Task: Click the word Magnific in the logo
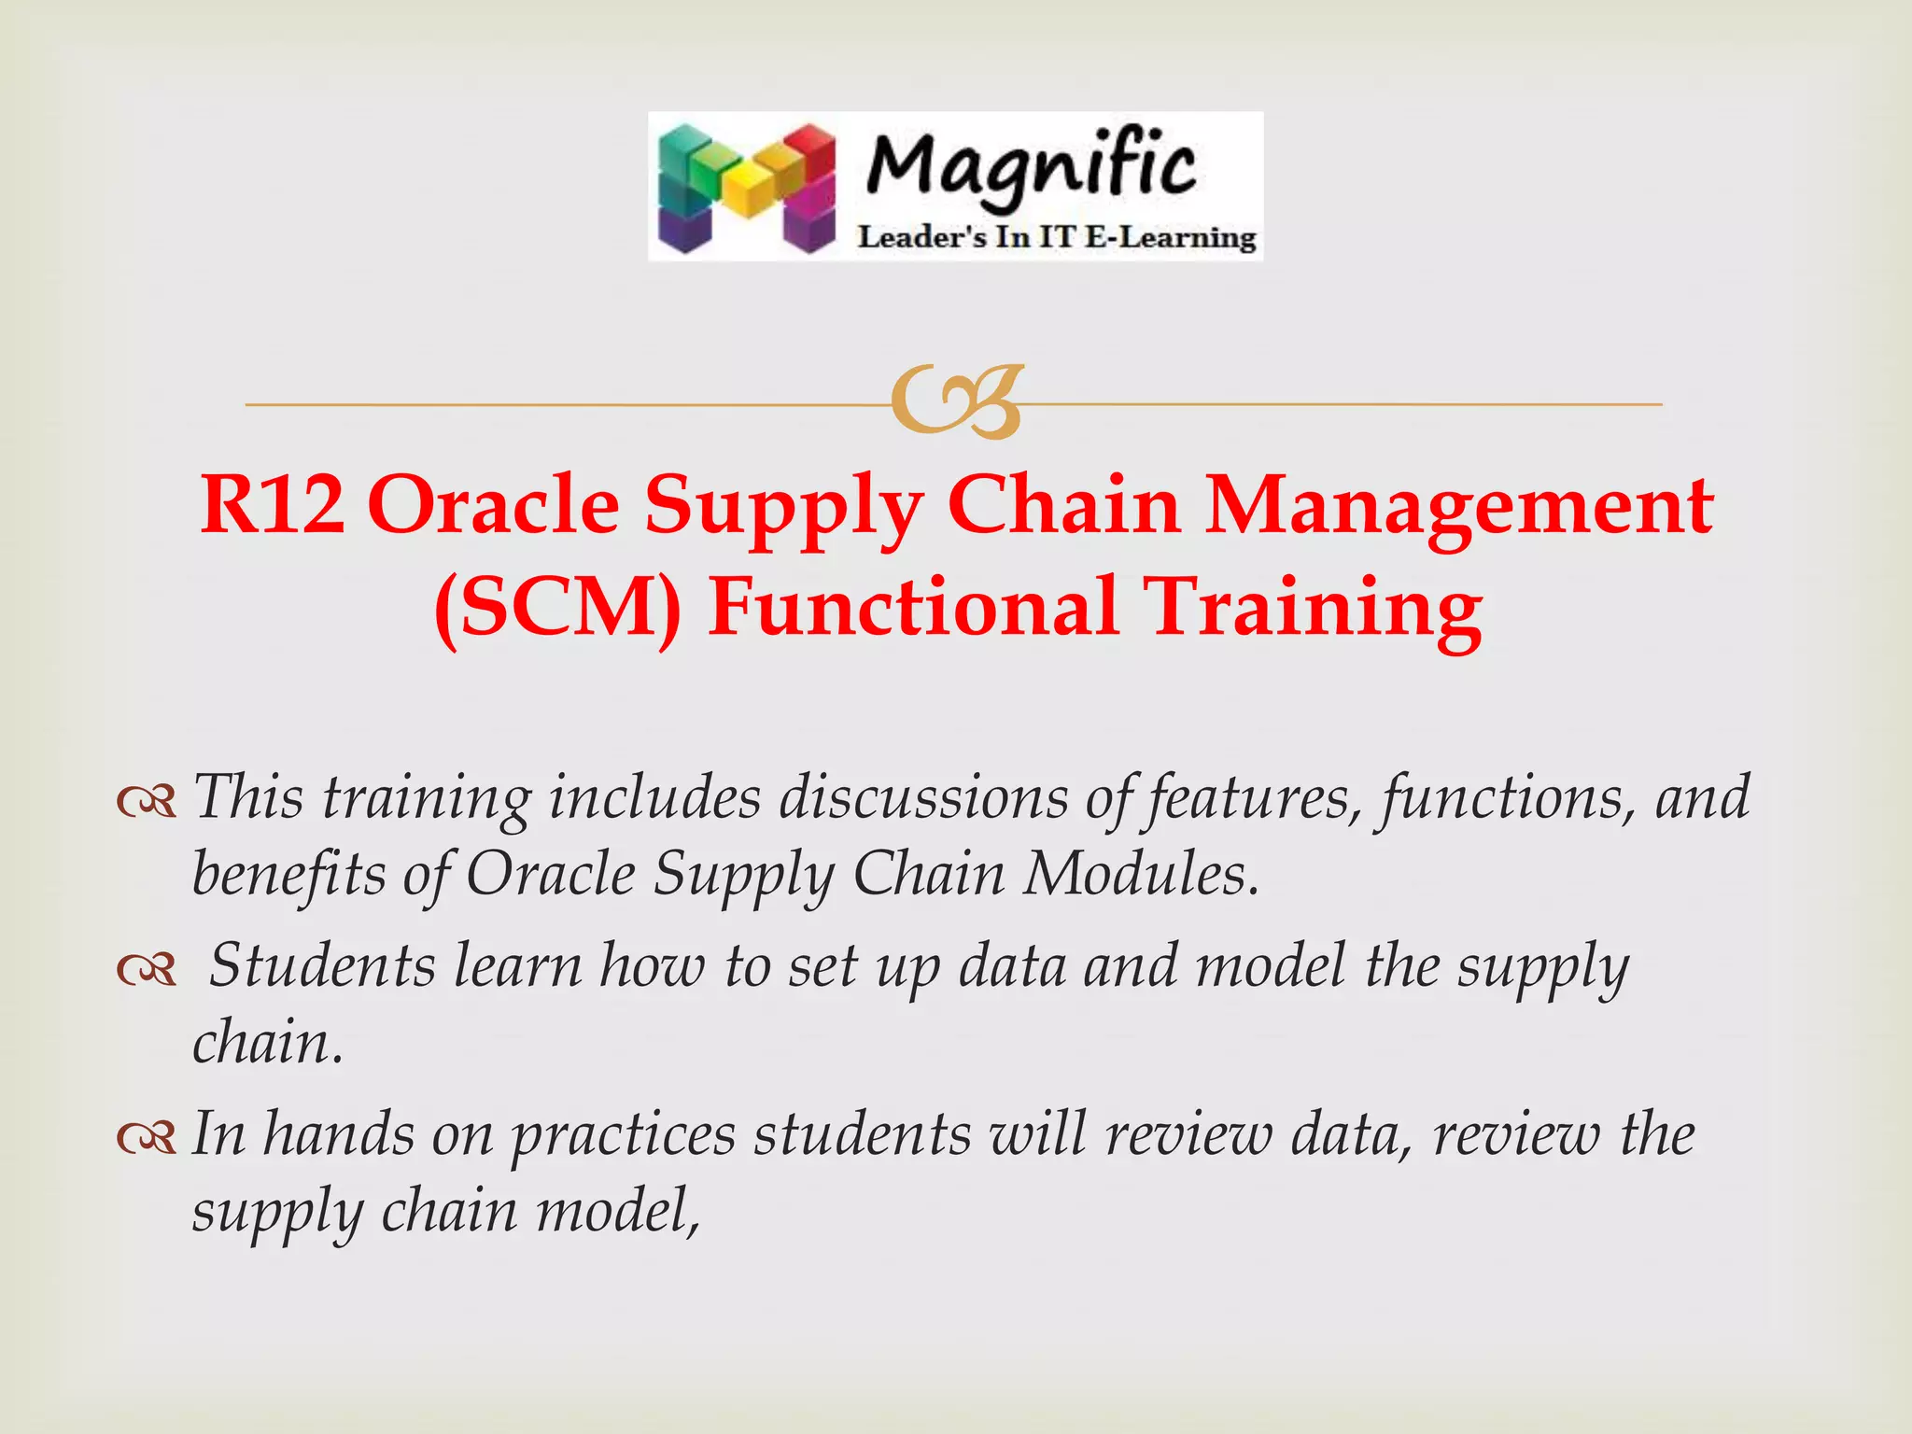[x=1031, y=166]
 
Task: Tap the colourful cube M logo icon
[x=746, y=187]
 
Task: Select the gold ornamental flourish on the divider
[x=957, y=402]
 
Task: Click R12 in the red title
[x=272, y=505]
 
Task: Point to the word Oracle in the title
[x=494, y=505]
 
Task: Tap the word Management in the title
[x=1458, y=505]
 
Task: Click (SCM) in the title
[x=557, y=608]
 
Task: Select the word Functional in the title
[x=913, y=608]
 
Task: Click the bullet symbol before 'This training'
[x=147, y=801]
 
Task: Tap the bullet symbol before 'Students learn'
[x=147, y=971]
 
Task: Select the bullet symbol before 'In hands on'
[x=147, y=1138]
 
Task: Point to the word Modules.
[x=1140, y=875]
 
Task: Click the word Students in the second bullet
[x=322, y=965]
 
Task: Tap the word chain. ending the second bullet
[x=268, y=1042]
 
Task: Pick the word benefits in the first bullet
[x=288, y=875]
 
